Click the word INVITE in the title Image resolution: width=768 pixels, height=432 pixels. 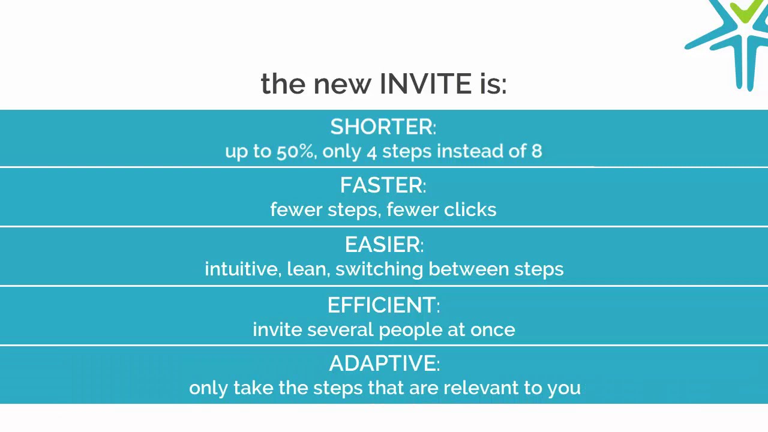coord(425,84)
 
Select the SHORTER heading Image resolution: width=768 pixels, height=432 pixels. coord(382,127)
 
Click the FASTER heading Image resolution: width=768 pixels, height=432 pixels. coord(382,185)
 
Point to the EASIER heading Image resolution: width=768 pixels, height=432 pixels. coord(383,245)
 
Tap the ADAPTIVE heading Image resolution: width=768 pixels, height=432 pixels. coord(383,364)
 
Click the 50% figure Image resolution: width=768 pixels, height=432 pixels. coord(295,151)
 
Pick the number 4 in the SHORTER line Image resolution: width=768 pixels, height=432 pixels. coord(371,152)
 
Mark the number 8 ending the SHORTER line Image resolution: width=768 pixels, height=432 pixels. coord(536,151)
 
